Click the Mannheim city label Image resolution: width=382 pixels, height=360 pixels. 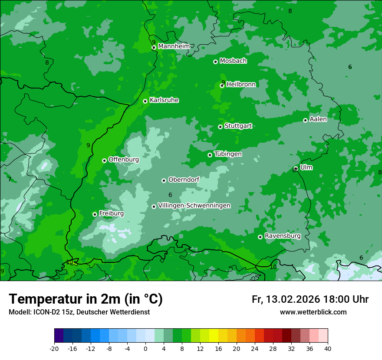pyautogui.click(x=174, y=46)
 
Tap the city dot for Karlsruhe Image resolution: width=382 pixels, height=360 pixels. pyautogui.click(x=145, y=101)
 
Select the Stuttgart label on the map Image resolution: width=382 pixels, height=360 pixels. pyautogui.click(x=238, y=126)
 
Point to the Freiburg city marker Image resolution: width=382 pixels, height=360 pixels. pyautogui.click(x=95, y=214)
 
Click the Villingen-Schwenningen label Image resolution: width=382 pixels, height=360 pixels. pyautogui.click(x=194, y=206)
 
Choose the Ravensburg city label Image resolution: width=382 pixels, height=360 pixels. pyautogui.click(x=282, y=236)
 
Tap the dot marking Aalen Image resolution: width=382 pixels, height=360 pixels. pyautogui.click(x=305, y=120)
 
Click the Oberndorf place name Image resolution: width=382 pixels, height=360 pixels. pyautogui.click(x=184, y=180)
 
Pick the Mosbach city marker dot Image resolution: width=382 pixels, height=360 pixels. pyautogui.click(x=215, y=62)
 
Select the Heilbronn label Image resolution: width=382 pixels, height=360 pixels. pyautogui.click(x=241, y=85)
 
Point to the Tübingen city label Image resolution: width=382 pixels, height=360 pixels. pyautogui.click(x=227, y=154)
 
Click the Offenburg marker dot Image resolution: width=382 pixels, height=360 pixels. pyautogui.click(x=104, y=160)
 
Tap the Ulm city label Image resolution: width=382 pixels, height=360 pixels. pyautogui.click(x=306, y=167)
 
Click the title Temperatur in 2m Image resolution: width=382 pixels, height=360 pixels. pyautogui.click(x=86, y=299)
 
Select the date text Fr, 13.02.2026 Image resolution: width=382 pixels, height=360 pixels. pyautogui.click(x=285, y=299)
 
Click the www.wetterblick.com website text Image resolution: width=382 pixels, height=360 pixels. pyautogui.click(x=313, y=312)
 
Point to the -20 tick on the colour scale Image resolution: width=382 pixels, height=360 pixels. pyautogui.click(x=54, y=348)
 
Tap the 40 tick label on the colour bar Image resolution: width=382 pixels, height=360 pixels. pyautogui.click(x=328, y=348)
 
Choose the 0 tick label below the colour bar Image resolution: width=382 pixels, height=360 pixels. pyautogui.click(x=145, y=348)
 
